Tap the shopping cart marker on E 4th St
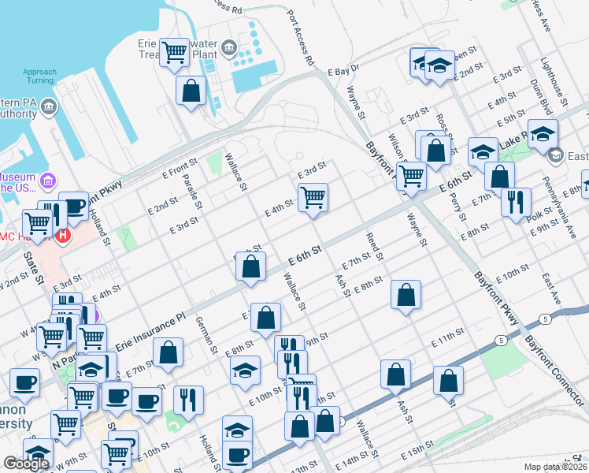pyautogui.click(x=313, y=197)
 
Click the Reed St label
pyautogui.click(x=373, y=247)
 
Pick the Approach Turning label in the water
pyautogui.click(x=39, y=76)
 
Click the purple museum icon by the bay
pyautogui.click(x=49, y=182)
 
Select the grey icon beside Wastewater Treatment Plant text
pyautogui.click(x=229, y=49)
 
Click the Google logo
pyautogui.click(x=26, y=464)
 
